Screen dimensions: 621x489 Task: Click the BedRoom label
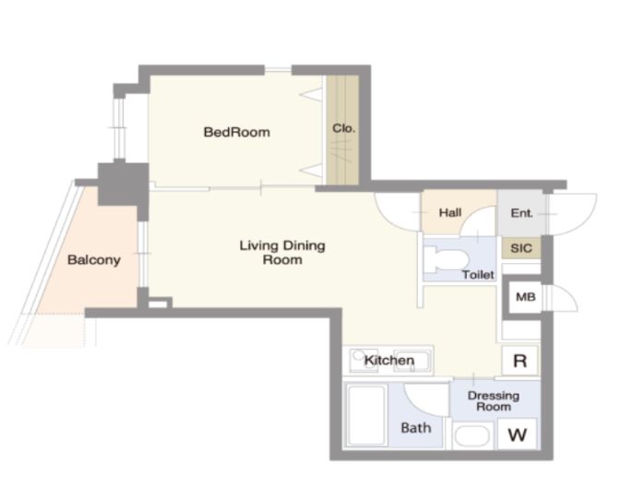237,132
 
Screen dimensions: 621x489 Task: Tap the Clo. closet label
343,128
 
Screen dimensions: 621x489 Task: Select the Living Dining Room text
282,252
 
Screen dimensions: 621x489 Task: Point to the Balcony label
94,260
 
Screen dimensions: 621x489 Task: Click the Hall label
450,212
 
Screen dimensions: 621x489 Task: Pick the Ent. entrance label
521,213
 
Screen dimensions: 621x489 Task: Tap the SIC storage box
521,248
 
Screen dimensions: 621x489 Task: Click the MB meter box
526,296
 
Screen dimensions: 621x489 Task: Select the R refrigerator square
519,361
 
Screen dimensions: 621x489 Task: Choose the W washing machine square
518,435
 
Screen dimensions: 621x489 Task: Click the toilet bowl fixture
447,259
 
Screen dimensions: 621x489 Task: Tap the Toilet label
478,274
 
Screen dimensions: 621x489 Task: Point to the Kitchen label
389,361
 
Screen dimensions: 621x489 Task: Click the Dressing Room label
494,400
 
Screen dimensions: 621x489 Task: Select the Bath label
416,427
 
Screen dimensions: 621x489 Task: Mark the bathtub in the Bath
366,415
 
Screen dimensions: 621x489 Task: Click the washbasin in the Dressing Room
472,435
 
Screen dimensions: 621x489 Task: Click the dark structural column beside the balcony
123,185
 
